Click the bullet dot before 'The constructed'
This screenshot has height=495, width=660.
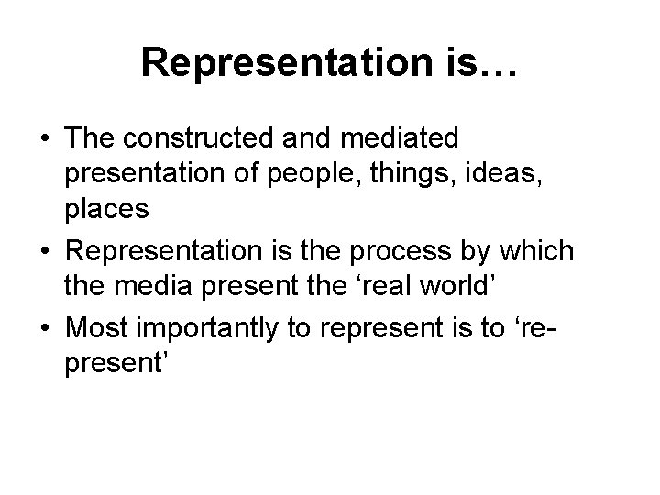click(x=45, y=138)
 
